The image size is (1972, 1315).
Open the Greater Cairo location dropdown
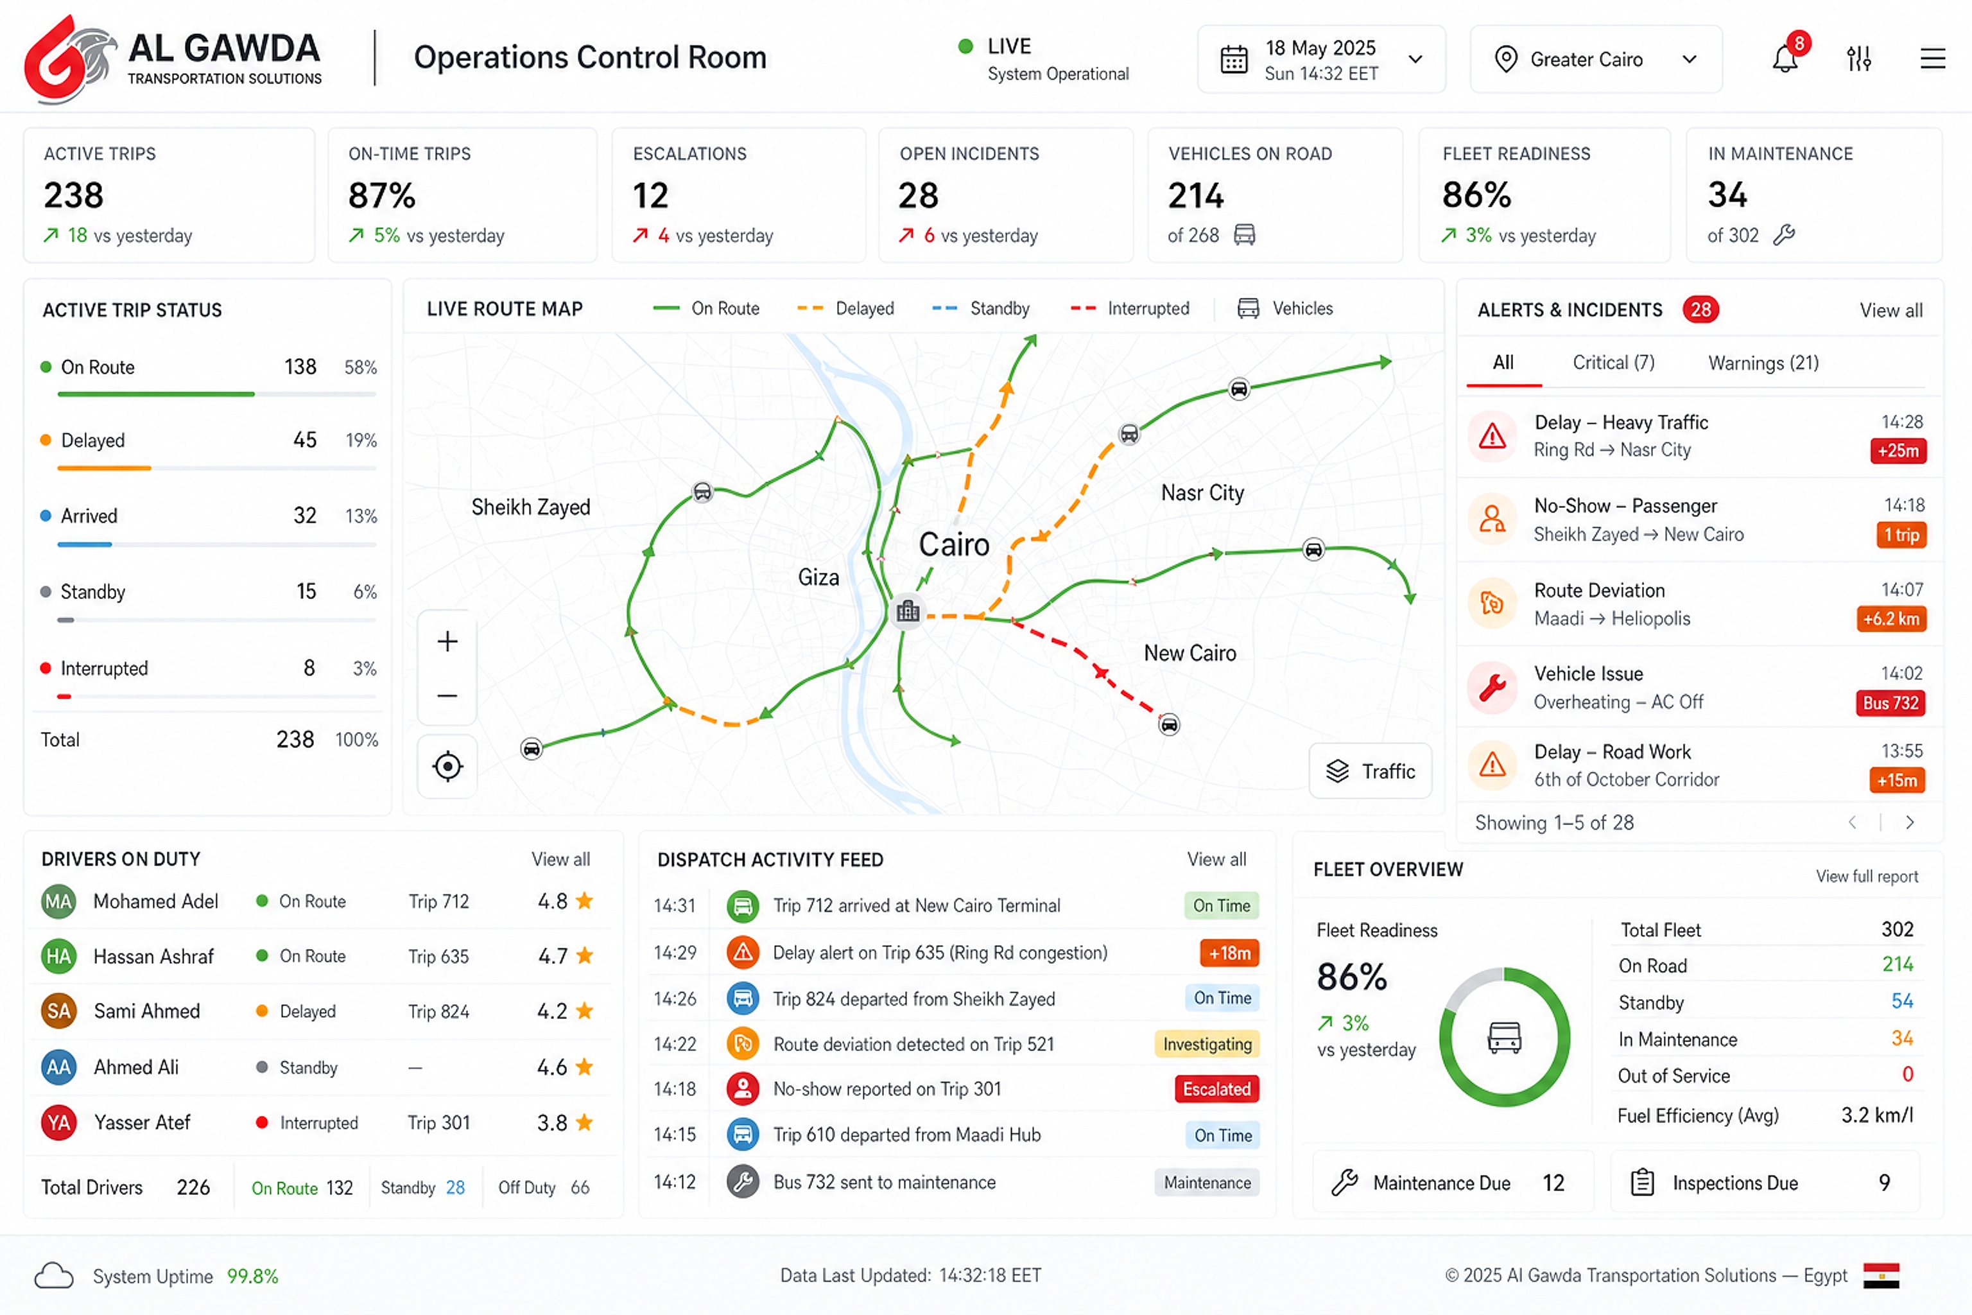(x=1596, y=58)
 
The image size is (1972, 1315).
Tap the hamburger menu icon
(x=1933, y=58)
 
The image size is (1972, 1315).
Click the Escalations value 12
(x=651, y=195)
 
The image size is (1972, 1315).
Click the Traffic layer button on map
(x=1370, y=771)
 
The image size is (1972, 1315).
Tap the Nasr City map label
(x=1202, y=493)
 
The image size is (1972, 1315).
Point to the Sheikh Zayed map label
(x=531, y=507)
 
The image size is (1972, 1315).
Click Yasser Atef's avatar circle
(x=58, y=1122)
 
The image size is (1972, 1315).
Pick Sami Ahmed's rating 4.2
(x=553, y=1011)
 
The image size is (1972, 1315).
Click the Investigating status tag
(x=1207, y=1044)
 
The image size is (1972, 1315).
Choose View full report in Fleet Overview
(x=1867, y=876)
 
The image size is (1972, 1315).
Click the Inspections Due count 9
(x=1885, y=1183)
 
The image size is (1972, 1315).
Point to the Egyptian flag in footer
(x=1881, y=1276)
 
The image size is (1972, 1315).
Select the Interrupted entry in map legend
(x=1129, y=309)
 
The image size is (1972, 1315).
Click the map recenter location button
(x=447, y=767)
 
